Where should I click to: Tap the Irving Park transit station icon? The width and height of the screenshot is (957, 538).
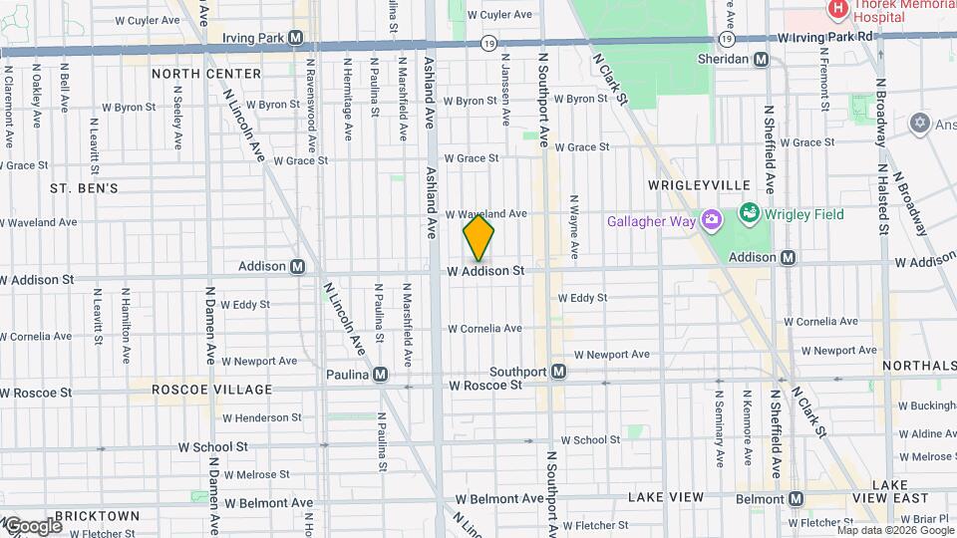pyautogui.click(x=296, y=38)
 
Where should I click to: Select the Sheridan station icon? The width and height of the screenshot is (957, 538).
pyautogui.click(x=762, y=60)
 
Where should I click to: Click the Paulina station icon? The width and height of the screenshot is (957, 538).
pyautogui.click(x=380, y=375)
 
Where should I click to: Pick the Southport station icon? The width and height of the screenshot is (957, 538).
pyautogui.click(x=559, y=372)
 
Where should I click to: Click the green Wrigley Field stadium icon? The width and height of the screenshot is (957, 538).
pyautogui.click(x=749, y=213)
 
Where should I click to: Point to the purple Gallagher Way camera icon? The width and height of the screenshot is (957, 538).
pyautogui.click(x=712, y=220)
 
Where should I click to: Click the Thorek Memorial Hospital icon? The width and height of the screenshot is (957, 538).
pyautogui.click(x=838, y=9)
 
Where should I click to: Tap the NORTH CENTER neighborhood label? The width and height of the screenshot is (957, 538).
pyautogui.click(x=206, y=74)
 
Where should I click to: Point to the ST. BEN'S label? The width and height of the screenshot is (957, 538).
pyautogui.click(x=85, y=187)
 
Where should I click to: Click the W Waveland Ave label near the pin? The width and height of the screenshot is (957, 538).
pyautogui.click(x=485, y=213)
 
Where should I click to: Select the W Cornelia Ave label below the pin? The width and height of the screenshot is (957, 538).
pyautogui.click(x=484, y=329)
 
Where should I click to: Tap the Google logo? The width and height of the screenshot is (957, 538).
pyautogui.click(x=32, y=526)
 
